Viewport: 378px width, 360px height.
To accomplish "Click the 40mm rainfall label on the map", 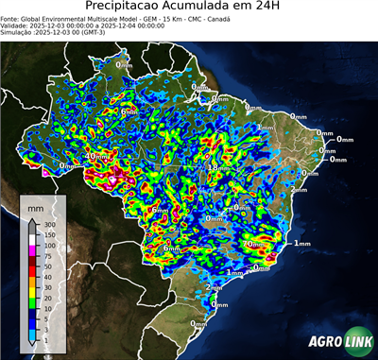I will point(97,156).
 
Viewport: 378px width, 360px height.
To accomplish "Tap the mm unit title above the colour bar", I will point(35,206).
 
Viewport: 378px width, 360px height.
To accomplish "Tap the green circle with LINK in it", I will point(357,341).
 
